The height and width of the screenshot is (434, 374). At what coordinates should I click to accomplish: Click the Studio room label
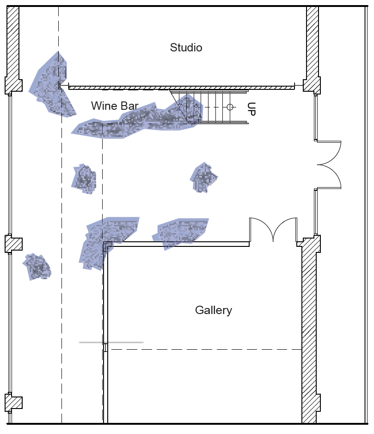(186, 48)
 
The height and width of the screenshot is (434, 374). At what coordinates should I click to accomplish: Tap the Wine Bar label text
(115, 106)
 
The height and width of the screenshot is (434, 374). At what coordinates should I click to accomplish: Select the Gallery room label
(213, 310)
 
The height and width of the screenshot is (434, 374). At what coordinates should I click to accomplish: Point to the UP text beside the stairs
(251, 108)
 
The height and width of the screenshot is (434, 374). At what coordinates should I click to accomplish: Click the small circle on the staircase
(230, 107)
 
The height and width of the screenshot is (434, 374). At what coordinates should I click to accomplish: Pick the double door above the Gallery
(273, 229)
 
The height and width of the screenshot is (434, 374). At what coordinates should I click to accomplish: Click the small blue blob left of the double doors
(203, 177)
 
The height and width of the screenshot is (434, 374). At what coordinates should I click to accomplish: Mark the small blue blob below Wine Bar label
(84, 179)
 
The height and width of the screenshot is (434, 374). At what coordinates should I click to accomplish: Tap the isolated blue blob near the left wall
(37, 266)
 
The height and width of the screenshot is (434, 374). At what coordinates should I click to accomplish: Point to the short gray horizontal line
(111, 342)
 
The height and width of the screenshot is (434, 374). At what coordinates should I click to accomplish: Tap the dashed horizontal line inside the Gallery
(203, 350)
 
